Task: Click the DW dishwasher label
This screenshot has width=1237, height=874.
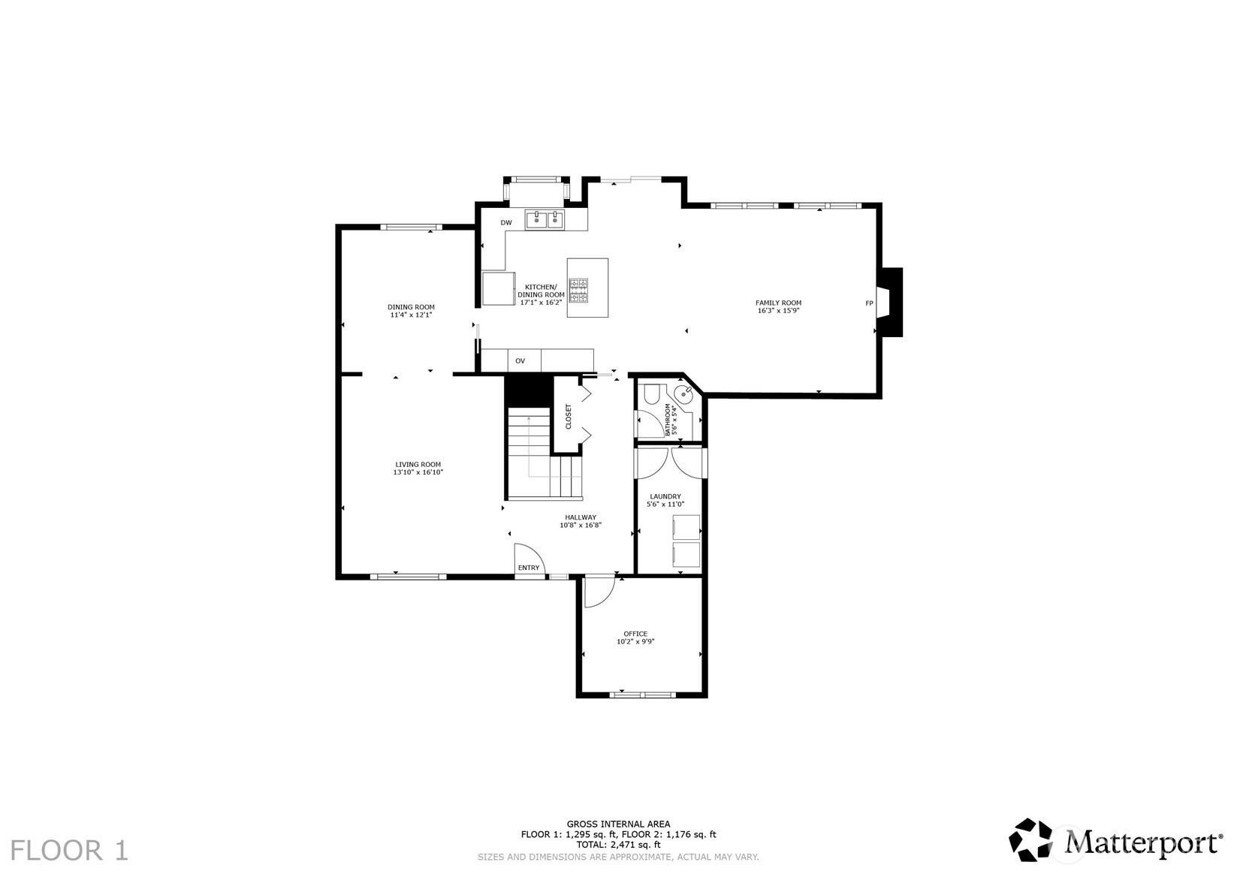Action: pos(506,223)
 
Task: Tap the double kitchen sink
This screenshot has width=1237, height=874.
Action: pos(545,219)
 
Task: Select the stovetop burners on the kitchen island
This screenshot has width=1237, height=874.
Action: pos(578,291)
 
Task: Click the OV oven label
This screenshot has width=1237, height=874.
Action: pos(520,361)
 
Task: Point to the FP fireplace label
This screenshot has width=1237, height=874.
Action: pos(869,303)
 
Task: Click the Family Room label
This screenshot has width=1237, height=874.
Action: pos(778,303)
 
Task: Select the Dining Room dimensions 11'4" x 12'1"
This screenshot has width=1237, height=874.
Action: pos(411,315)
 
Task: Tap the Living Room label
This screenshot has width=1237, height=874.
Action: pos(418,464)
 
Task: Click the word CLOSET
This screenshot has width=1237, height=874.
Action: pos(569,417)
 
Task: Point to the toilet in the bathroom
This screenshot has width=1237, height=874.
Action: pos(648,393)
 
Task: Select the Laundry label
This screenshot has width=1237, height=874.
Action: pos(665,496)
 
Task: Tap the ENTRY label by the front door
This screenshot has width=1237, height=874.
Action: pos(529,568)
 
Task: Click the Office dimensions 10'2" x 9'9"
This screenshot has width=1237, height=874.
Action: pos(635,641)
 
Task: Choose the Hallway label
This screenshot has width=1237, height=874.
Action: pos(581,517)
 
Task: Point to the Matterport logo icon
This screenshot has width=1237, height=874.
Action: pos(1030,839)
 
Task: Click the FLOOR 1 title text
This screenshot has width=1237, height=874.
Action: pos(70,851)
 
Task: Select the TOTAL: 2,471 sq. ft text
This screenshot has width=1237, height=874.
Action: pos(619,844)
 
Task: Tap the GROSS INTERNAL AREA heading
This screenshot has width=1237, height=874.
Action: pos(619,824)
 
